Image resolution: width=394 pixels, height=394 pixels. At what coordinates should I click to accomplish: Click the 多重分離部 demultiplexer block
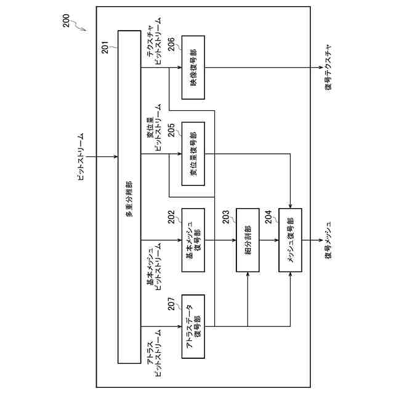click(129, 198)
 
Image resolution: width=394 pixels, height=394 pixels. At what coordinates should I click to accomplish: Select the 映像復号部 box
click(193, 67)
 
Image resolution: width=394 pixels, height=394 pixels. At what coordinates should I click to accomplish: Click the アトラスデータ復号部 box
click(193, 327)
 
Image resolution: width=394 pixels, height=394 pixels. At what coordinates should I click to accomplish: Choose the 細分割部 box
click(247, 241)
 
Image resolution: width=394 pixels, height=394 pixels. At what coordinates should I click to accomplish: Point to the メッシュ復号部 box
click(290, 241)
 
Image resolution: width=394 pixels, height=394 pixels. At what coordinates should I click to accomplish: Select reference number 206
click(171, 43)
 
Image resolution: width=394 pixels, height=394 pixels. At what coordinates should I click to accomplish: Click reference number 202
click(171, 217)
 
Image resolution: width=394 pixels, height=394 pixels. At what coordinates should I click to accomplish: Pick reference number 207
click(171, 303)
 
